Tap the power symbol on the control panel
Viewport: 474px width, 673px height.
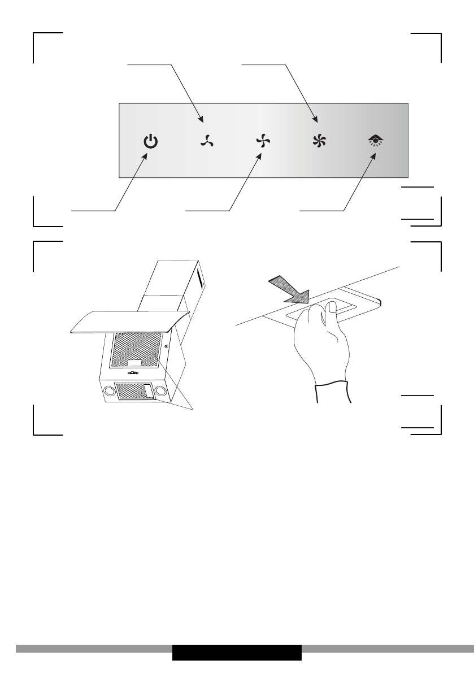(149, 142)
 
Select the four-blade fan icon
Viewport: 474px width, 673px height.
(260, 142)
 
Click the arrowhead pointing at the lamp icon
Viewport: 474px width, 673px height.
(373, 157)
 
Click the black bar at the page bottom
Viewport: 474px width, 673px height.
(237, 652)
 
